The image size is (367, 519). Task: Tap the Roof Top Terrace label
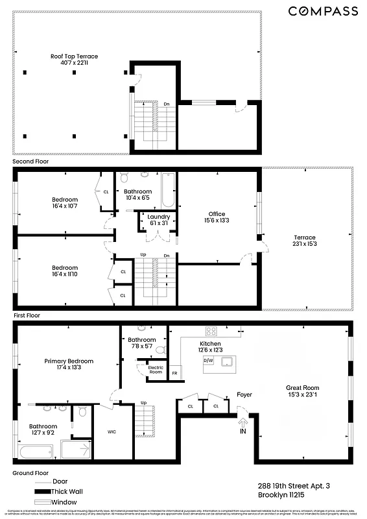tap(74, 60)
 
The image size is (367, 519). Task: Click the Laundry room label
tap(159, 220)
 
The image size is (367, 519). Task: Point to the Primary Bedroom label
tap(69, 365)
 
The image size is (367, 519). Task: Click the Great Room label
tap(303, 391)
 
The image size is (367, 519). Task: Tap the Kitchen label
tap(210, 346)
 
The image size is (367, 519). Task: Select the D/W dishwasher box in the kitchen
tap(209, 359)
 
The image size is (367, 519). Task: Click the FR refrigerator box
tap(174, 374)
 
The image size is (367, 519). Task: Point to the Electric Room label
tap(156, 370)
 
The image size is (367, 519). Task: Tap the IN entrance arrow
tap(243, 424)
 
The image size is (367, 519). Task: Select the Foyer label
tap(244, 394)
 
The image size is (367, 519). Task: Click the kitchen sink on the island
tap(227, 361)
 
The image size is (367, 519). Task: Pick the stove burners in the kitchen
tap(211, 330)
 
